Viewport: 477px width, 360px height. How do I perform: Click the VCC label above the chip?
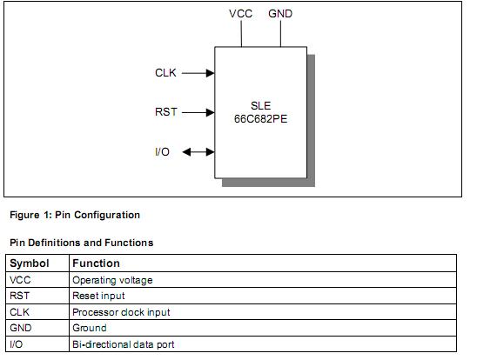pos(241,15)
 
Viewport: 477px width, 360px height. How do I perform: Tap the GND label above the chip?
pos(280,15)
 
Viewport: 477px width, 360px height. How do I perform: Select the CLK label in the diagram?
pos(165,73)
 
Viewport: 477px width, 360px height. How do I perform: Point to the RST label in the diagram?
pos(166,112)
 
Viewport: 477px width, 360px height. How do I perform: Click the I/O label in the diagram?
pos(162,152)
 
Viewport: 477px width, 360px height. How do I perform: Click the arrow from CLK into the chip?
pos(198,73)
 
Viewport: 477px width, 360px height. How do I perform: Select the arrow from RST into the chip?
pos(198,112)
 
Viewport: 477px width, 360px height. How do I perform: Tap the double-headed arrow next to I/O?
pos(198,152)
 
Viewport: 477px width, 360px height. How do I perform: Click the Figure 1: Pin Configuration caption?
pos(74,215)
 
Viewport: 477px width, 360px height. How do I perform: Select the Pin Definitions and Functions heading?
pos(81,242)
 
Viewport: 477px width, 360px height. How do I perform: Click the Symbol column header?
pos(29,263)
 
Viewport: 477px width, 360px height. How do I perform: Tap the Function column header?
pos(96,263)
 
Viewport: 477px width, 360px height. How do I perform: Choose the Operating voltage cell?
pos(111,280)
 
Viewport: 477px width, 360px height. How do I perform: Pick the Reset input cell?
pos(98,296)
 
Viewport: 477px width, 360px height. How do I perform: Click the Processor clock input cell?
pos(121,312)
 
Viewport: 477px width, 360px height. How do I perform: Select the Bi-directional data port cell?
pos(123,344)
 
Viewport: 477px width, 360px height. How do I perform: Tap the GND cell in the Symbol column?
pos(22,328)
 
